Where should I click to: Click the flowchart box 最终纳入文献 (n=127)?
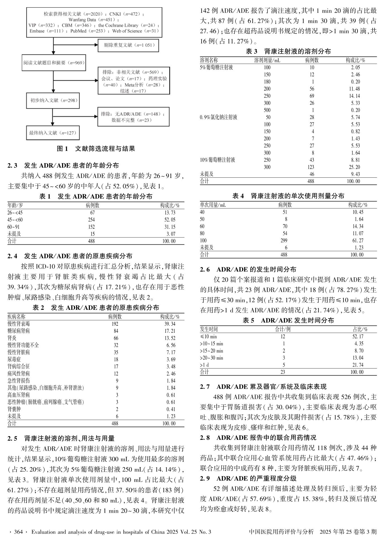tap(53, 133)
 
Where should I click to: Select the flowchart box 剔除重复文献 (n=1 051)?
tap(128, 45)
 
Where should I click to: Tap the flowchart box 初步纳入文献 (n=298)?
tap(53, 101)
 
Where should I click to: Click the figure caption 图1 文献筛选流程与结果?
tap(96, 149)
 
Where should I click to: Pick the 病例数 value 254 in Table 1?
tap(91, 220)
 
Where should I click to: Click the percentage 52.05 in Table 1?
tap(170, 220)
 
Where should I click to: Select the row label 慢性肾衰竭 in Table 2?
tap(19, 324)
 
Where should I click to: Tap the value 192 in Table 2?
tap(115, 324)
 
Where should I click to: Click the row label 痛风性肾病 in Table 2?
tap(19, 374)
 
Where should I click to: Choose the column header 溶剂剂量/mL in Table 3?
tap(267, 60)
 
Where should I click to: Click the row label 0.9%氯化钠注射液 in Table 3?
tap(218, 117)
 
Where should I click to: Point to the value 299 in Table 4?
tap(285, 241)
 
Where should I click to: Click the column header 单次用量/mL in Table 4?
tap(213, 205)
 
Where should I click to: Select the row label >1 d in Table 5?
tap(204, 365)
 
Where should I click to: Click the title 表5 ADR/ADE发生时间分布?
tap(288, 320)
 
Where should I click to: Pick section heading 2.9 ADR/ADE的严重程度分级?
tap(248, 479)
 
